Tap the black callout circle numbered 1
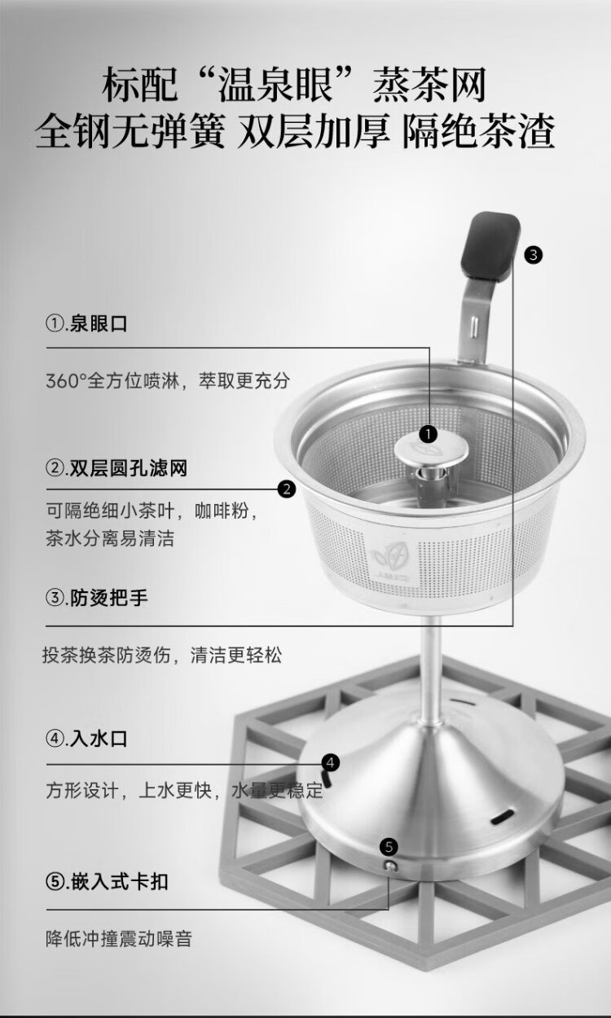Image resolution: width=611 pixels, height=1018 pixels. tap(428, 434)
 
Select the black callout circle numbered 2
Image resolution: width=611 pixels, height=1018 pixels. tap(287, 489)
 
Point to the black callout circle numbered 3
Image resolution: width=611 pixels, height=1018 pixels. tap(534, 255)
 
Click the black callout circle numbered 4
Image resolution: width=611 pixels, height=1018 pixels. tap(331, 762)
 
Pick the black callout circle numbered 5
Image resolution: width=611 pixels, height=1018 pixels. tap(389, 847)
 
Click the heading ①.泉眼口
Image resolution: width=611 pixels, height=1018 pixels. tap(87, 324)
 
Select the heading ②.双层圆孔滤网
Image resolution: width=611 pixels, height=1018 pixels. tap(116, 468)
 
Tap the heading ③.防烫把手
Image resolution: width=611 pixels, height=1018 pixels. tap(97, 598)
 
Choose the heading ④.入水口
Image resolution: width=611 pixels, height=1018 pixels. tap(87, 739)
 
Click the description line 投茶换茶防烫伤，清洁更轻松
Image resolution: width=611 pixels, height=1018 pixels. tap(162, 655)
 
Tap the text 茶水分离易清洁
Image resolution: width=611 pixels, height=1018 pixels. tap(110, 538)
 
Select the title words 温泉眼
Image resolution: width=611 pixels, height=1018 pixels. tap(275, 85)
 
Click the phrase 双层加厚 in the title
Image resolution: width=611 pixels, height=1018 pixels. tap(314, 131)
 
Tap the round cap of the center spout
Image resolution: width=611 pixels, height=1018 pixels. tap(431, 450)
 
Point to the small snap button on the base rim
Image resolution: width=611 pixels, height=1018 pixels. tap(390, 866)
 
